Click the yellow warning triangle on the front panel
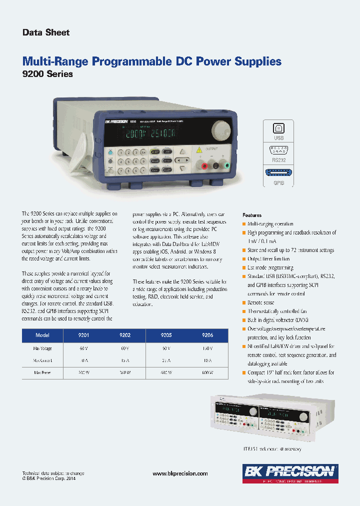click(199, 149)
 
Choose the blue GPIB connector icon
click(278, 173)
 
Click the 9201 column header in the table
click(83, 335)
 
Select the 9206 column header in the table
click(207, 335)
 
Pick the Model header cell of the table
click(42, 335)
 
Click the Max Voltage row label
click(42, 348)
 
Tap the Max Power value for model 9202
click(125, 372)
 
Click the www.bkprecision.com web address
click(180, 473)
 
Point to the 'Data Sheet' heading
click(46, 32)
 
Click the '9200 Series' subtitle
click(48, 74)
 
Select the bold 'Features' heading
click(252, 215)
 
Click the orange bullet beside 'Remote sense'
click(244, 303)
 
